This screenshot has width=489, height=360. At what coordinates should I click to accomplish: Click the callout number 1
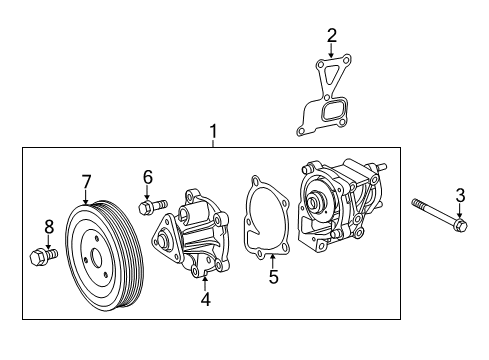212,132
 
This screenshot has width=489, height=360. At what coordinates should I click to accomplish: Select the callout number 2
332,37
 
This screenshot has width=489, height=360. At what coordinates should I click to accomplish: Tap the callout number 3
460,194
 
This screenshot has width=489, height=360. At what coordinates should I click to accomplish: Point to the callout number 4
204,298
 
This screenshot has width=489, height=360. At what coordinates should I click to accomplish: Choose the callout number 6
147,177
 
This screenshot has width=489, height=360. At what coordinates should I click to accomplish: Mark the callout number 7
86,181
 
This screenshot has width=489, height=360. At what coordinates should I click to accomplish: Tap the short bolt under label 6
150,207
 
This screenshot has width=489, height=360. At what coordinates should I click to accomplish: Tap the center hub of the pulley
96,257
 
